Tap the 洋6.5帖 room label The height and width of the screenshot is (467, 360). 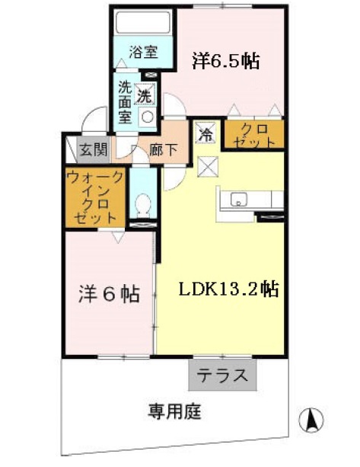(x=225, y=60)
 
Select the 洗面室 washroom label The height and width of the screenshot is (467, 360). (x=125, y=102)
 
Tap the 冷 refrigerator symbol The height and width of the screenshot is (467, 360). (x=205, y=133)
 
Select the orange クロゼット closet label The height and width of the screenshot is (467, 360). (x=250, y=135)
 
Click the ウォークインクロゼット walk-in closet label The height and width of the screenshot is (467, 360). (x=94, y=197)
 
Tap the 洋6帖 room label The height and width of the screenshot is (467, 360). (x=110, y=294)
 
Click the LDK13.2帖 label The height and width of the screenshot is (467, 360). (x=227, y=289)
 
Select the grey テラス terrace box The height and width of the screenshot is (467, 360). (x=222, y=374)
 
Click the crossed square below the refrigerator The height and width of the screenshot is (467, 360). (x=207, y=165)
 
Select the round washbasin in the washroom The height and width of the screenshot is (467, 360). (x=147, y=117)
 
